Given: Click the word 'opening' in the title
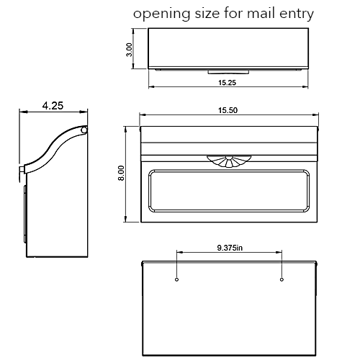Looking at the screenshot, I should pyautogui.click(x=158, y=14).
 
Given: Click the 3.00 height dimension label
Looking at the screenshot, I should pyautogui.click(x=128, y=49).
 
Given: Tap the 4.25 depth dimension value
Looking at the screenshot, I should pyautogui.click(x=53, y=105).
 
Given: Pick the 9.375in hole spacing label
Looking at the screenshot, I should pyautogui.click(x=230, y=247).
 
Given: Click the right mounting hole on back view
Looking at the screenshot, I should pyautogui.click(x=282, y=279).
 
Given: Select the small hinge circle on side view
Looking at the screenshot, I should pyautogui.click(x=84, y=130).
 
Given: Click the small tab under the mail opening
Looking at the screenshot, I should pyautogui.click(x=229, y=71).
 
